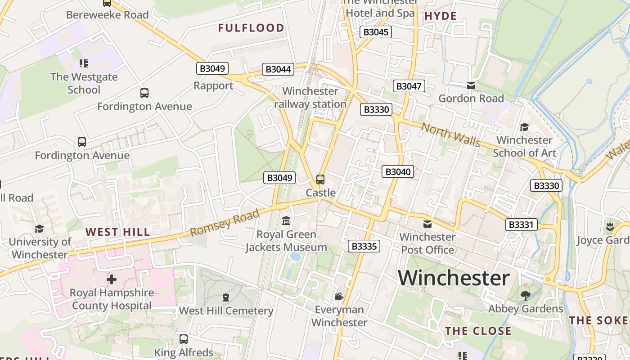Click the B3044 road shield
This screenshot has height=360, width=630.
point(279,69)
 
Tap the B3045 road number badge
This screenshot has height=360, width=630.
point(376,32)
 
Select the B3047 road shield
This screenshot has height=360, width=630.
point(409,86)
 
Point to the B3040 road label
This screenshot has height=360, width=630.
point(398,171)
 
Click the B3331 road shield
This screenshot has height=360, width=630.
point(522,224)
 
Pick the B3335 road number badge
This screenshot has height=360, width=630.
point(364,246)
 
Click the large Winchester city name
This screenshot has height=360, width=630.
point(454,278)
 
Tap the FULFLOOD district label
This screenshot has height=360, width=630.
point(251,28)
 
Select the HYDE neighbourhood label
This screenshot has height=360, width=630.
point(441,16)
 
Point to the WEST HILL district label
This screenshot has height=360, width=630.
point(117,232)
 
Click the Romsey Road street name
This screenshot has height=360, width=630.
point(225,222)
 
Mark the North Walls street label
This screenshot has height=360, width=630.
point(451,134)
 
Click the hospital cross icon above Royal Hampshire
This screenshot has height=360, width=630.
point(111,279)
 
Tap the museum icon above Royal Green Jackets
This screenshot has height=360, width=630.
point(286,221)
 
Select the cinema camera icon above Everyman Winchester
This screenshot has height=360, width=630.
point(339,296)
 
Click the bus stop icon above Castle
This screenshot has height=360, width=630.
point(320,180)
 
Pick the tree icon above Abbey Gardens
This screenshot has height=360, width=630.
point(525,295)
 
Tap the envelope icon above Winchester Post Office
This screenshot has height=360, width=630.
point(427,224)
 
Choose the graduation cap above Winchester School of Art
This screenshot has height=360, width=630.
point(524,127)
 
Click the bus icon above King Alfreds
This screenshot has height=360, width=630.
point(183,339)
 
